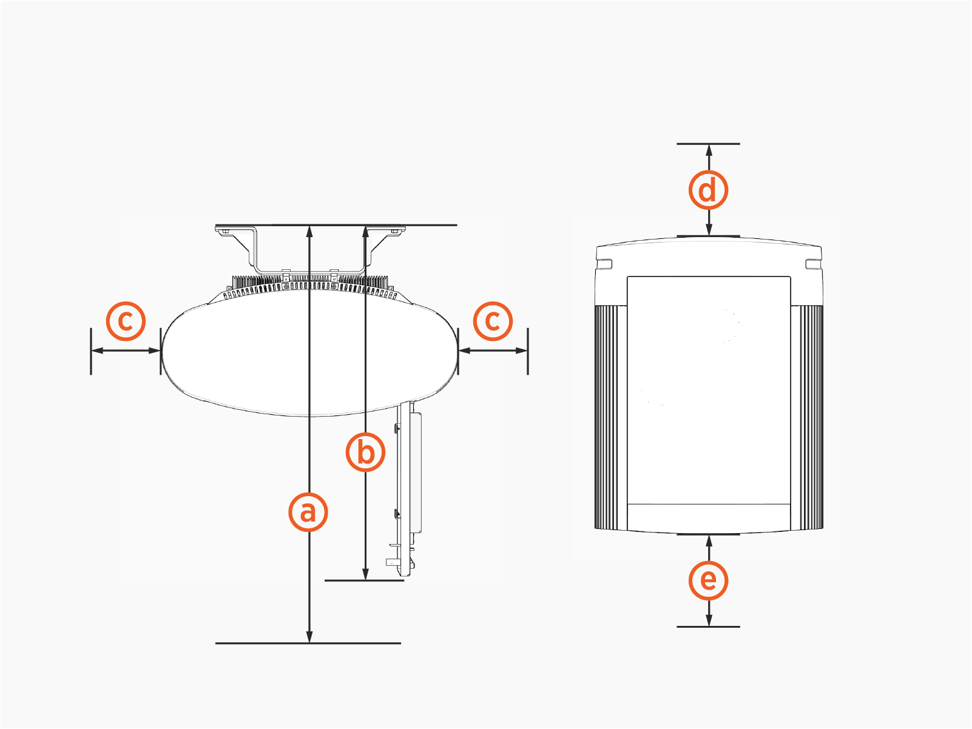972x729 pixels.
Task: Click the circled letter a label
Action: (x=308, y=512)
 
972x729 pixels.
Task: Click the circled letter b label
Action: (x=365, y=452)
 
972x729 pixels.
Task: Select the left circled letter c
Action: (x=126, y=321)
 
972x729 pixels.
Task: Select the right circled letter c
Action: (x=493, y=321)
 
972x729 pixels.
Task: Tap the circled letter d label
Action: (x=708, y=190)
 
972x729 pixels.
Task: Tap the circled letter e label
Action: (x=708, y=580)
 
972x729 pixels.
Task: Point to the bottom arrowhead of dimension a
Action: (x=309, y=636)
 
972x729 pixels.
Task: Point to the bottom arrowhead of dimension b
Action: (x=365, y=574)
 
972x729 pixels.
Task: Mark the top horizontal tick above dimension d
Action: (x=708, y=144)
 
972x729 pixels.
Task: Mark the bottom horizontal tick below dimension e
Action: (x=708, y=627)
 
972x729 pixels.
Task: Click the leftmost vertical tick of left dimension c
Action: (x=91, y=351)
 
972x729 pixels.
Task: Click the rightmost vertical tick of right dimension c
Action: (x=528, y=351)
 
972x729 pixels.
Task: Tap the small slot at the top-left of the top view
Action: (x=605, y=264)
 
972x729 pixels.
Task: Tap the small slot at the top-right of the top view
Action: (x=813, y=264)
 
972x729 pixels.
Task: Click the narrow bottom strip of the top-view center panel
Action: (x=708, y=516)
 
